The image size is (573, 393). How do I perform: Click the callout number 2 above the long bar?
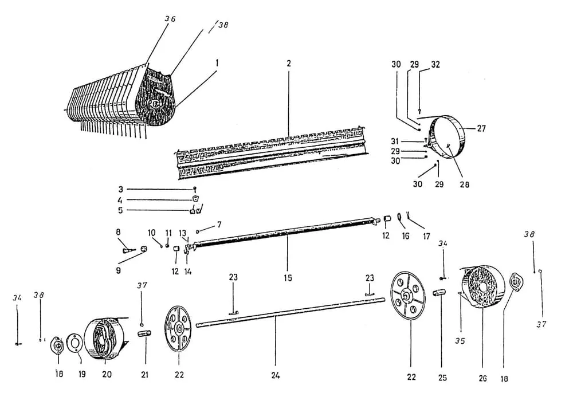[x=288, y=62]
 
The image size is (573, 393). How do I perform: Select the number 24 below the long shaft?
[x=276, y=377]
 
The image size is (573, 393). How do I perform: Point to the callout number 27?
[x=481, y=129]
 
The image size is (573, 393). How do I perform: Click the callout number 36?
[x=170, y=19]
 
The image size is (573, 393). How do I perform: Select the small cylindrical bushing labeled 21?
[x=144, y=334]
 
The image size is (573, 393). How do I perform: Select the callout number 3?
[x=120, y=189]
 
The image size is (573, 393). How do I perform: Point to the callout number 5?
[x=120, y=210]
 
